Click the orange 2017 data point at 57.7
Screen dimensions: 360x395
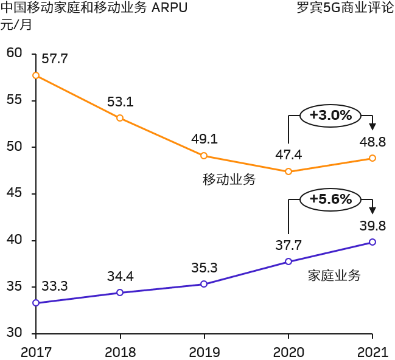(x=36, y=75)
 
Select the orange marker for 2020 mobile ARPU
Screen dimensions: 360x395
(x=288, y=171)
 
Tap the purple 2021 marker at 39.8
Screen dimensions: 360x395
(x=372, y=242)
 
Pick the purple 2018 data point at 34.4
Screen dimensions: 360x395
(x=120, y=292)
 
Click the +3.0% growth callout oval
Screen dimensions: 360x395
(x=330, y=116)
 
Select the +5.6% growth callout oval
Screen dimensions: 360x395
(x=330, y=199)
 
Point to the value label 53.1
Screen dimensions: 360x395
(x=120, y=102)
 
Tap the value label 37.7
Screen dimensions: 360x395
(x=288, y=245)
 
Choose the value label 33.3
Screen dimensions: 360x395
(x=54, y=286)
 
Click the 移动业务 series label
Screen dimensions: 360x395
(x=229, y=179)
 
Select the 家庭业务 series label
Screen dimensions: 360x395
(x=334, y=275)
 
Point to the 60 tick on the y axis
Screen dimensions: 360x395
(x=13, y=53)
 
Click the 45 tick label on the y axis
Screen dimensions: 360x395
(x=13, y=193)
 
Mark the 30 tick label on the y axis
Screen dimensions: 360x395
(x=13, y=333)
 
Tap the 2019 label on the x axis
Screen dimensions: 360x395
(x=204, y=351)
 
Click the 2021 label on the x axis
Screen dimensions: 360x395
(x=372, y=351)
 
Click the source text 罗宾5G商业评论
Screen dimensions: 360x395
(x=344, y=9)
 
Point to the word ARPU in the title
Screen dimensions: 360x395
(x=169, y=9)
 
